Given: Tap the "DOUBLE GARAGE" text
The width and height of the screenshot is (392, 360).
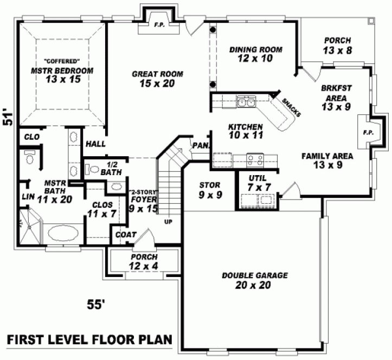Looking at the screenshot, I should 254,275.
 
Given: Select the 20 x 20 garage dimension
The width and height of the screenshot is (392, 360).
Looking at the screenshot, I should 253,285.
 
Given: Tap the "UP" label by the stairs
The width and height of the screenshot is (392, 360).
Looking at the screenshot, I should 168,222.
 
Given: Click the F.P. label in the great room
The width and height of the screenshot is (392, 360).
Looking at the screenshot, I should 159,24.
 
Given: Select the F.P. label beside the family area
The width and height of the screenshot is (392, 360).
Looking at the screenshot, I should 368,132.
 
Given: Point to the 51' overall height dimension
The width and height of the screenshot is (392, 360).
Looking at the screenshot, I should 8,118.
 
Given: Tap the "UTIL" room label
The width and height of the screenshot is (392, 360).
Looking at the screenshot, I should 256,178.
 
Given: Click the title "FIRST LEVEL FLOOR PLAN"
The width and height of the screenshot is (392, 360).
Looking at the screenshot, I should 89,340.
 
